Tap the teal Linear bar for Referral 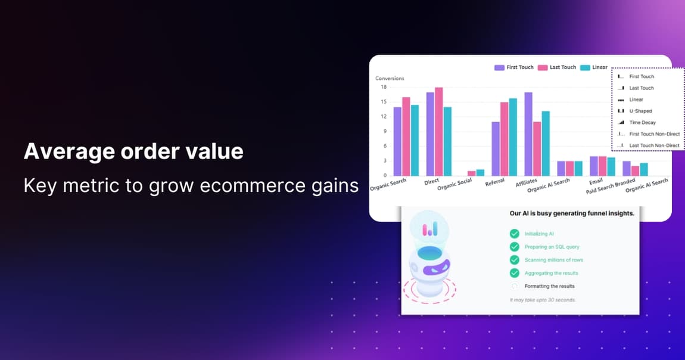point(513,136)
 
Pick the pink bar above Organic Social point(472,173)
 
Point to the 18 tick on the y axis point(384,87)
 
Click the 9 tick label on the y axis point(385,131)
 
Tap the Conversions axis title point(390,78)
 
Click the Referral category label point(495,182)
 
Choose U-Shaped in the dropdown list point(640,111)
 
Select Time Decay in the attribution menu point(642,122)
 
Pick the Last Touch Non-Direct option point(654,145)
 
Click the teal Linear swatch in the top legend point(585,67)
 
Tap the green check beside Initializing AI point(514,234)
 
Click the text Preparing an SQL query point(552,247)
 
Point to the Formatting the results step point(549,286)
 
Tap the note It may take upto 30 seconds point(543,300)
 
